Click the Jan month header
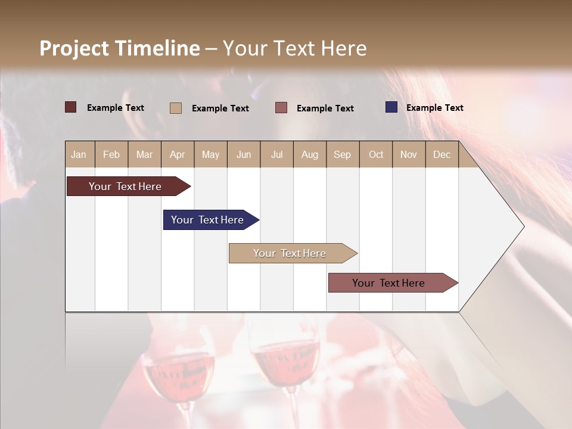[x=79, y=154]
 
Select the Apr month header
[x=178, y=154]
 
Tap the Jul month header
[x=276, y=154]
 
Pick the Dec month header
[x=442, y=154]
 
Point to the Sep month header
[x=342, y=154]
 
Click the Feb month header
[x=111, y=154]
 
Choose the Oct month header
[x=376, y=154]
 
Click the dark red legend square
[x=71, y=107]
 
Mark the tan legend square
[x=176, y=108]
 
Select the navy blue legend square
[x=391, y=107]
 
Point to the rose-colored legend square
[x=281, y=108]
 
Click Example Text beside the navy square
[x=434, y=108]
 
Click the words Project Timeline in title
[x=120, y=48]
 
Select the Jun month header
[x=244, y=154]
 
